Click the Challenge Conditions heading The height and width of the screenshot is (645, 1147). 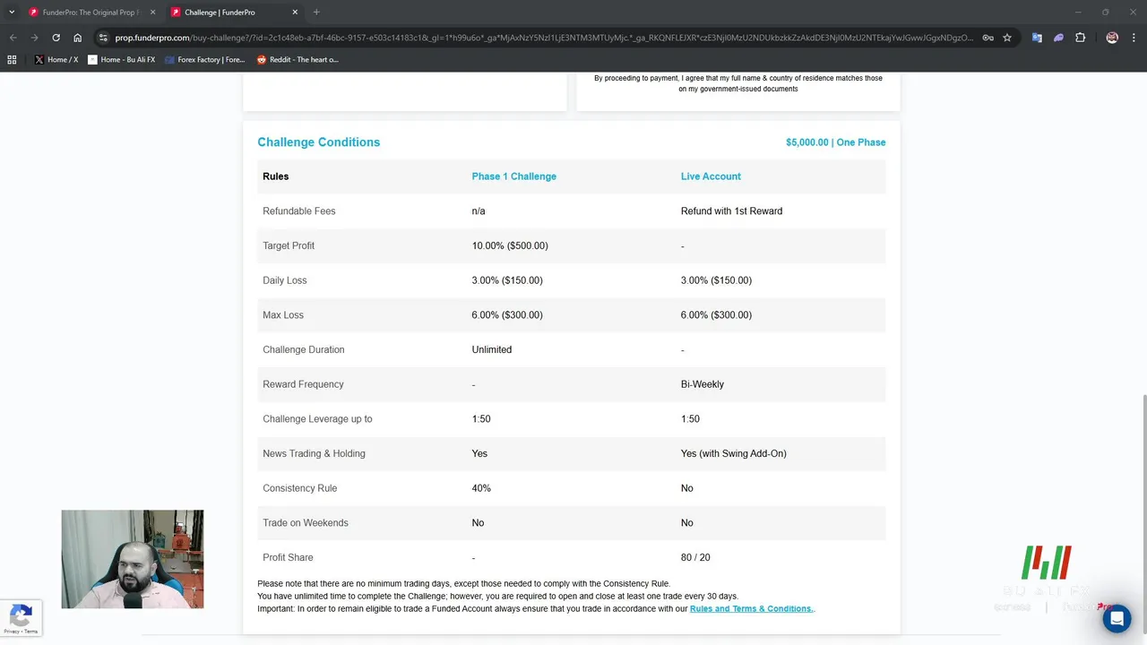(318, 142)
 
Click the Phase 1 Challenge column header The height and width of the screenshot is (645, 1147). (513, 176)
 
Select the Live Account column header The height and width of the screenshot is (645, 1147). (711, 176)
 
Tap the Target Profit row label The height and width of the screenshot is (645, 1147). (289, 245)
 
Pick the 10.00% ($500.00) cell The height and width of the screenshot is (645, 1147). (510, 245)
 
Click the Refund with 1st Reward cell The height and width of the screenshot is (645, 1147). (731, 211)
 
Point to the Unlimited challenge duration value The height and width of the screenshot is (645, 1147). (492, 349)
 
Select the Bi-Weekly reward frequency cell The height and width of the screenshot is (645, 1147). (703, 384)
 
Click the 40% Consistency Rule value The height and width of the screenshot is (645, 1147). (481, 488)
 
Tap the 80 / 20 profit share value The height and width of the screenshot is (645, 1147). (695, 557)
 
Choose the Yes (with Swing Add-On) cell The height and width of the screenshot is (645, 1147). (733, 453)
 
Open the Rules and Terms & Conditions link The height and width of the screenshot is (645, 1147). (751, 609)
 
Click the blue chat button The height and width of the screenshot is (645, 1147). (1117, 618)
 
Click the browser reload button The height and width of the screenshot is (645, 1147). (56, 38)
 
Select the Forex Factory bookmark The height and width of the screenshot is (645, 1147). (205, 60)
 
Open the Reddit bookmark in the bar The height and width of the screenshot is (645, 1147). (298, 60)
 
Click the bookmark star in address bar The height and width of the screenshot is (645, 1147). (1007, 38)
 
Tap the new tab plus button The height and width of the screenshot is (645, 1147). (316, 13)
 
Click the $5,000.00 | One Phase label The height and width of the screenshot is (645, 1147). (835, 142)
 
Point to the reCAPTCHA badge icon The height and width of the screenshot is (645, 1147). (21, 616)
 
